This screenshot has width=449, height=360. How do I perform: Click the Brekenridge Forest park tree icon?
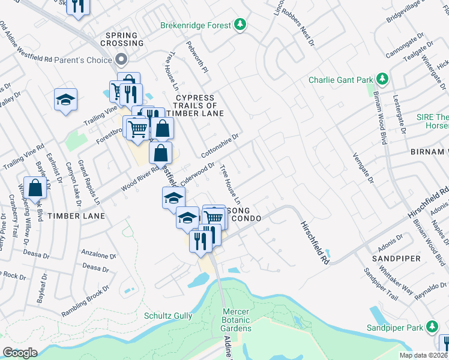pos(241,25)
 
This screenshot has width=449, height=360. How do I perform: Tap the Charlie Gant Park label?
pos(340,80)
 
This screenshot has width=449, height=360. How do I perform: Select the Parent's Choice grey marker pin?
pos(121,60)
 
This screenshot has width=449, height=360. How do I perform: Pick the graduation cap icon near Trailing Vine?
pos(66,98)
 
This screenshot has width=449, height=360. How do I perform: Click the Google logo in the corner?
pos(20,353)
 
